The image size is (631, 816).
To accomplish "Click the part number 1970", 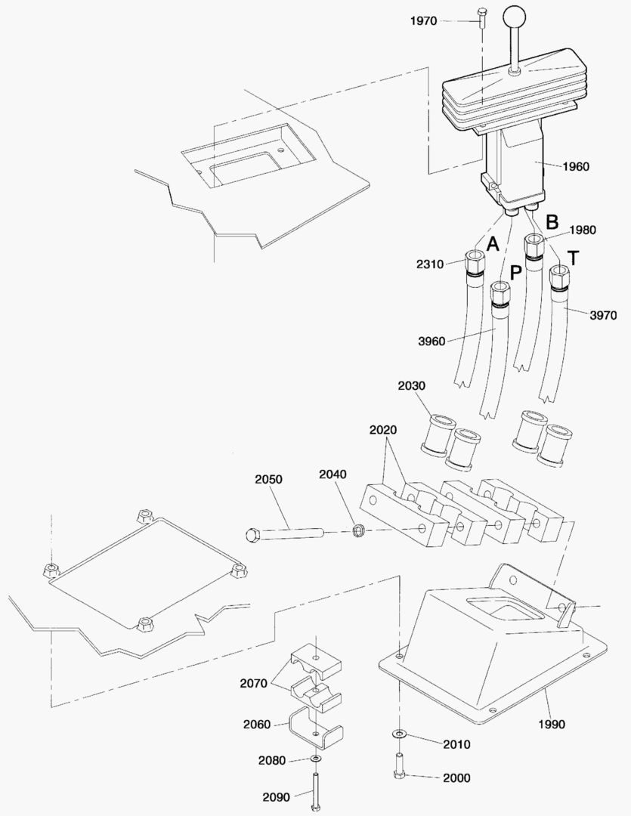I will click(x=423, y=20).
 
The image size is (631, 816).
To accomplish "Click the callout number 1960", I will click(x=576, y=166).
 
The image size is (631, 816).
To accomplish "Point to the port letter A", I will click(x=493, y=244).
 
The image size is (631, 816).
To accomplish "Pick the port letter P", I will click(x=516, y=273).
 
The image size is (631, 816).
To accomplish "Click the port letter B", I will click(x=552, y=221).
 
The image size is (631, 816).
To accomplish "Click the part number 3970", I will click(x=602, y=315).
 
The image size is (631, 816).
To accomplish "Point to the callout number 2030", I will click(x=412, y=385).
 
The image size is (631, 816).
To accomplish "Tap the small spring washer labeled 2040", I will click(x=359, y=531).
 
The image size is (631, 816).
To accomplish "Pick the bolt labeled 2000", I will click(x=398, y=767).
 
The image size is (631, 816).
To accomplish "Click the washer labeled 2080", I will click(x=316, y=759).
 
